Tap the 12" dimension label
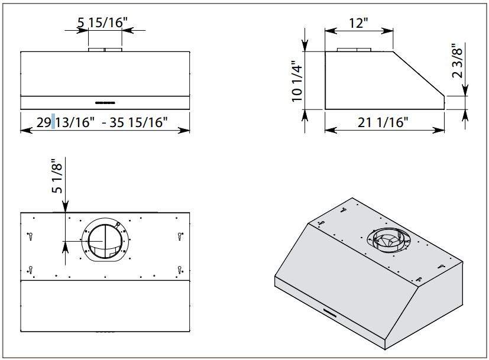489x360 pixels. click(358, 23)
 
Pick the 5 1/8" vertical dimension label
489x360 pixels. click(57, 177)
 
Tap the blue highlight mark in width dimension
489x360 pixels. click(54, 122)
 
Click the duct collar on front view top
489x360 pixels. click(105, 50)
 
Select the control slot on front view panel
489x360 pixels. click(105, 102)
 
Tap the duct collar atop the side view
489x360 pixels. click(354, 50)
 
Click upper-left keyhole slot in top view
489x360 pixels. click(30, 236)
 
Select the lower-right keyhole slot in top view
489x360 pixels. click(179, 270)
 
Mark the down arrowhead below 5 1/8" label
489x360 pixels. click(64, 207)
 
